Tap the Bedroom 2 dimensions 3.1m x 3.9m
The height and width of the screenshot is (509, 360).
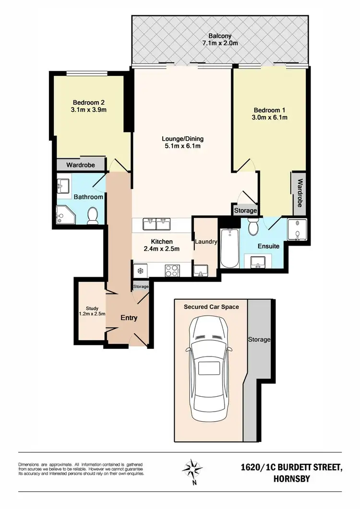coord(89,110)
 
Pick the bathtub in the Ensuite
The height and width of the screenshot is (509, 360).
coord(228,248)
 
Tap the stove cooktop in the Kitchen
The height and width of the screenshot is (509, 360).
coord(171,270)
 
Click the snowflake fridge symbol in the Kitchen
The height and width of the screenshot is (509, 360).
coord(141,271)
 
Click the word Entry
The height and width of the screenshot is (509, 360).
coord(129,318)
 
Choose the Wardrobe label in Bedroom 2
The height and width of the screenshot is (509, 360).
coord(80,165)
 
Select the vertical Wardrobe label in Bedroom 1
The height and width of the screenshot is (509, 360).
coord(299,193)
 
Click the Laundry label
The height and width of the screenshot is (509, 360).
coord(206,242)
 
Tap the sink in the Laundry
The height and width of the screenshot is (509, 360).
coord(201,271)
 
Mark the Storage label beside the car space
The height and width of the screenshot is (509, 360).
coord(259,340)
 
